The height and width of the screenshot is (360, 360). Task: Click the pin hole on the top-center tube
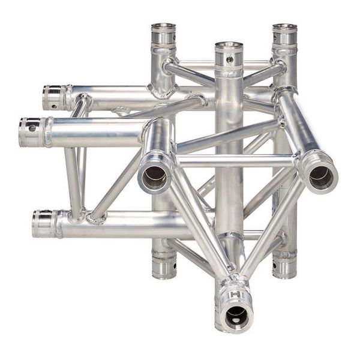pos(229,59)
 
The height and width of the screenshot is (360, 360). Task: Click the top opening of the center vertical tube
pos(229,46)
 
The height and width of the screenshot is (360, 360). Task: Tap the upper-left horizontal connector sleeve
pos(56,97)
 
